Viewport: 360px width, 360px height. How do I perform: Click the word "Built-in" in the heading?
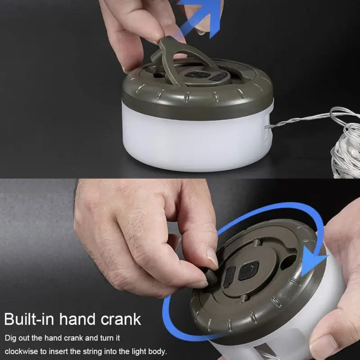29,319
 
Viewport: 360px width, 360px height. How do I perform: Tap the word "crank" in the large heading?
121,319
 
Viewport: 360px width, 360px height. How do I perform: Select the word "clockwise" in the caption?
21,351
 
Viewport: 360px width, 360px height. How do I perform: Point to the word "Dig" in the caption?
10,338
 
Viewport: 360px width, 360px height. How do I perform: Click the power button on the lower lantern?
249,271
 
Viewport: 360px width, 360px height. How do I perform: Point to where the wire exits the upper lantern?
267,127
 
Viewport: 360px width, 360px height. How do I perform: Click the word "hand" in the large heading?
77,319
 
